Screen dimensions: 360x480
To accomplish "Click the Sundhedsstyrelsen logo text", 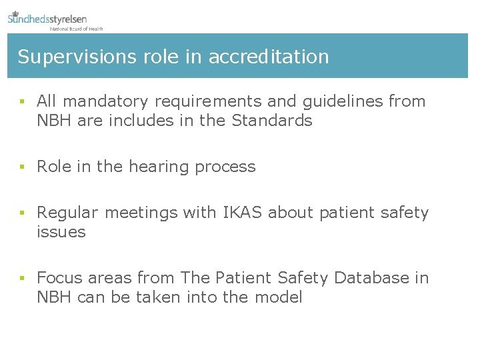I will click(x=47, y=19).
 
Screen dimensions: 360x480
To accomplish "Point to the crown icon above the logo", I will click(x=15, y=12).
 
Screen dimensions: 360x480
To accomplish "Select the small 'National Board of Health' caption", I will click(x=76, y=29).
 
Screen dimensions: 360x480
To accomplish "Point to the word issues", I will click(x=61, y=232).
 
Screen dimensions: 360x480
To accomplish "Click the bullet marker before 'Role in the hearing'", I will click(x=22, y=167).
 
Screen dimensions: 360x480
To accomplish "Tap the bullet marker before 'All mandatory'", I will click(x=22, y=102).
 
